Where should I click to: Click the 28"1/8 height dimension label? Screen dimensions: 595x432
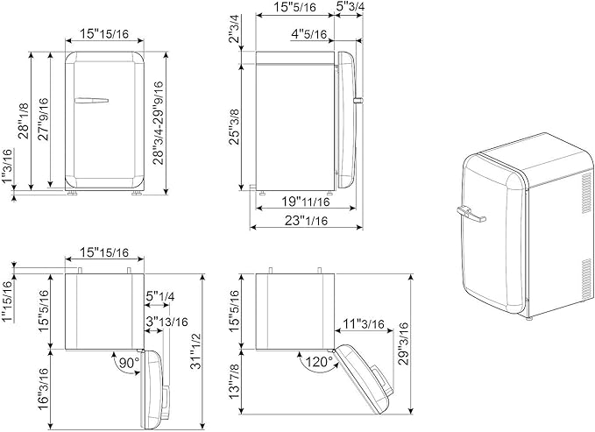pos(25,121)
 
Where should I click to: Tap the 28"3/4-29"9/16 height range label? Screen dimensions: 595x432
pos(158,123)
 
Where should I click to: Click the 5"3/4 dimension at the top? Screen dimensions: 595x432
pos(349,6)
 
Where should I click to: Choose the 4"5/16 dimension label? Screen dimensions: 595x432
pos(308,34)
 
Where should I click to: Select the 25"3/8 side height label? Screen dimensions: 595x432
pos(235,127)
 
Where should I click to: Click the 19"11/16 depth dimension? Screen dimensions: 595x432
pos(306,202)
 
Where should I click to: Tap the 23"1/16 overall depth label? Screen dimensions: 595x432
pos(306,220)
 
